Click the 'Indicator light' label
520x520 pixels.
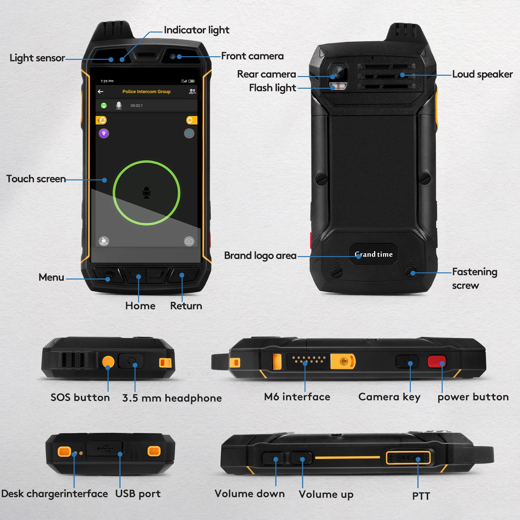pyautogui.click(x=196, y=30)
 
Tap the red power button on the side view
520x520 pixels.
pyautogui.click(x=436, y=362)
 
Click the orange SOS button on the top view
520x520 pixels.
pyautogui.click(x=108, y=361)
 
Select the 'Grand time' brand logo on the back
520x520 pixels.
pyautogui.click(x=373, y=254)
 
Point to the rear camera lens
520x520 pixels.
pyautogui.click(x=338, y=72)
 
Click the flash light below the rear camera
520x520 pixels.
pyautogui.click(x=338, y=86)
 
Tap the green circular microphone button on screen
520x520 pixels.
pyautogui.click(x=147, y=193)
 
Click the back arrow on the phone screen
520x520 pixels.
pyautogui.click(x=100, y=92)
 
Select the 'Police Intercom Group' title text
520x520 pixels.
pyautogui.click(x=146, y=92)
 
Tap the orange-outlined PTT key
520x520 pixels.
pyautogui.click(x=408, y=458)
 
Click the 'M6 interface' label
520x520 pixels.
pyautogui.click(x=297, y=397)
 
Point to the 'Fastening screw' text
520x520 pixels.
pyautogui.click(x=474, y=279)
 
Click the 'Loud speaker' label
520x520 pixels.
pyautogui.click(x=482, y=74)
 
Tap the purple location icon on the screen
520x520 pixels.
pyautogui.click(x=104, y=133)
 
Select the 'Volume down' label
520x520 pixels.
pyautogui.click(x=250, y=494)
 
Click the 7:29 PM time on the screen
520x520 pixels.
pyautogui.click(x=107, y=81)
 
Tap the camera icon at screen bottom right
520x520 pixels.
pyautogui.click(x=189, y=241)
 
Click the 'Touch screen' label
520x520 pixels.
pyautogui.click(x=36, y=179)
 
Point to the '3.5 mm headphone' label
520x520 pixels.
pyautogui.click(x=172, y=398)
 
